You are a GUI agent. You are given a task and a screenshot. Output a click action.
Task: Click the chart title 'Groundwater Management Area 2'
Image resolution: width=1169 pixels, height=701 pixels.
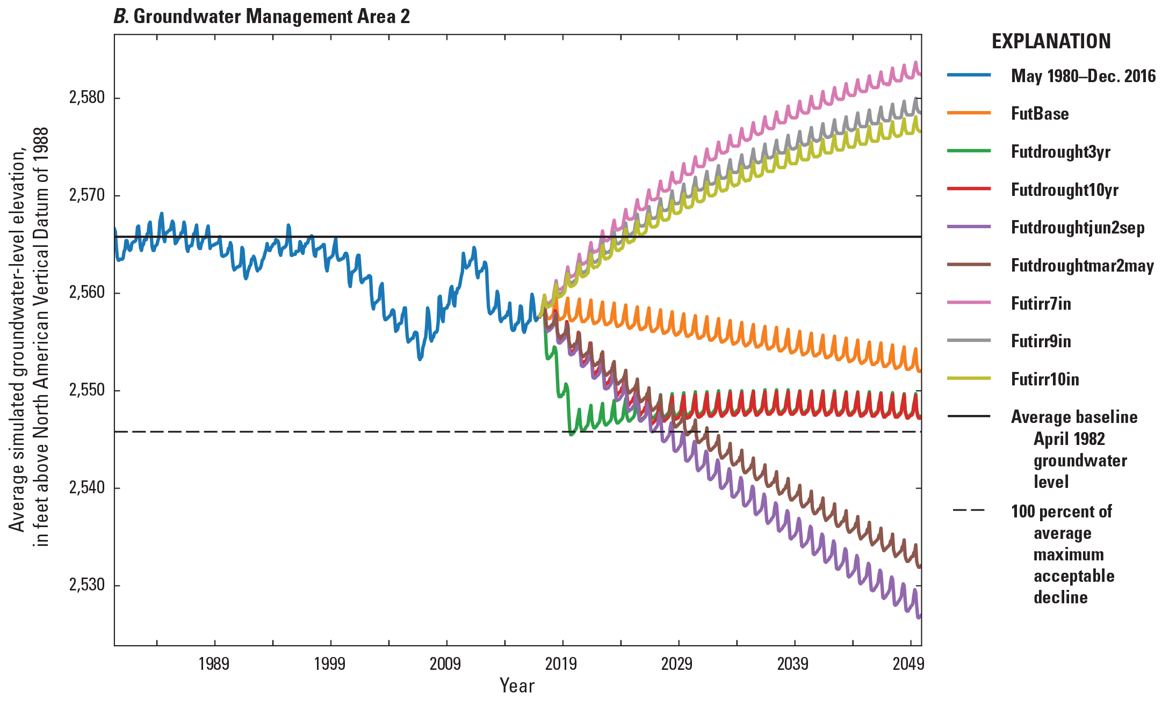click(x=271, y=17)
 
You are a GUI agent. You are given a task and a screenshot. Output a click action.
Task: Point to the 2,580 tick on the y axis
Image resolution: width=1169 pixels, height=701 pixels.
click(x=86, y=98)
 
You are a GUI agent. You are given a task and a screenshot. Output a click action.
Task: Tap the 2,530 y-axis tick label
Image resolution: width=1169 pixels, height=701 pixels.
click(x=86, y=585)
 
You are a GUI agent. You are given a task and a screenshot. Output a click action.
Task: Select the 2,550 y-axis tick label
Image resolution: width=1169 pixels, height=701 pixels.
click(x=86, y=391)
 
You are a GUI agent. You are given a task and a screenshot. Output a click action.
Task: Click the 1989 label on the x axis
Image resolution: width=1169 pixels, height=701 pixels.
click(x=214, y=665)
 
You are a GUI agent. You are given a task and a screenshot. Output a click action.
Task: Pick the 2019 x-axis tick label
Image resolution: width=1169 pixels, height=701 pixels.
click(x=561, y=665)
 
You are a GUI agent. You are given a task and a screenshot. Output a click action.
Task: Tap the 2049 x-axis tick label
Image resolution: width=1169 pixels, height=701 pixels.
click(x=908, y=665)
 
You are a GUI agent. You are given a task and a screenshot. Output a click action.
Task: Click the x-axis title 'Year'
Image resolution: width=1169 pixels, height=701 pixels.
click(x=517, y=686)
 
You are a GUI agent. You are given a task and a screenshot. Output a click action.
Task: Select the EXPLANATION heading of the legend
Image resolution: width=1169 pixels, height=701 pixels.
click(x=1051, y=41)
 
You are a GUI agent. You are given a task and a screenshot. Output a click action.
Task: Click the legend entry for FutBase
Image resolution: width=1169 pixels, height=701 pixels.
click(x=1040, y=114)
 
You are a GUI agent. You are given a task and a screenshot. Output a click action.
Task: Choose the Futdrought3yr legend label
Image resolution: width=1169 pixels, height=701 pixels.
click(x=1060, y=152)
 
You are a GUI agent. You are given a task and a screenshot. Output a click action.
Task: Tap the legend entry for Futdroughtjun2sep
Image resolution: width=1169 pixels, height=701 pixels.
click(x=1077, y=228)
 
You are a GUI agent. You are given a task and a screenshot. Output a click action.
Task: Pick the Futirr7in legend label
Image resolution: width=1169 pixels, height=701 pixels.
click(x=1041, y=304)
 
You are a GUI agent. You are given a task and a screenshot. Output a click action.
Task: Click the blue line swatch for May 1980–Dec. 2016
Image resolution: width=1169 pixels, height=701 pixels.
click(x=969, y=76)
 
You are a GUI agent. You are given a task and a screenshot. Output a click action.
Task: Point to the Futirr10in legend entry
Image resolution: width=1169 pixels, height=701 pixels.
click(x=1044, y=379)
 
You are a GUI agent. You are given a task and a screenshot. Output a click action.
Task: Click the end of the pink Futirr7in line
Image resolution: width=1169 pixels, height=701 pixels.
click(x=920, y=74)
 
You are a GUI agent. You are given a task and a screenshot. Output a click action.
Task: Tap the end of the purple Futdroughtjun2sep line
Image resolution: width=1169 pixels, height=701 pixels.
click(x=920, y=617)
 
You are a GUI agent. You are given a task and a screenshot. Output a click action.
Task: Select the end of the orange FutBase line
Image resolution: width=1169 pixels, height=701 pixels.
click(x=920, y=371)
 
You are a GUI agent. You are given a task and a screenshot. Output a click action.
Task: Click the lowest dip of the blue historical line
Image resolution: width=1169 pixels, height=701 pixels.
click(x=420, y=359)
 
